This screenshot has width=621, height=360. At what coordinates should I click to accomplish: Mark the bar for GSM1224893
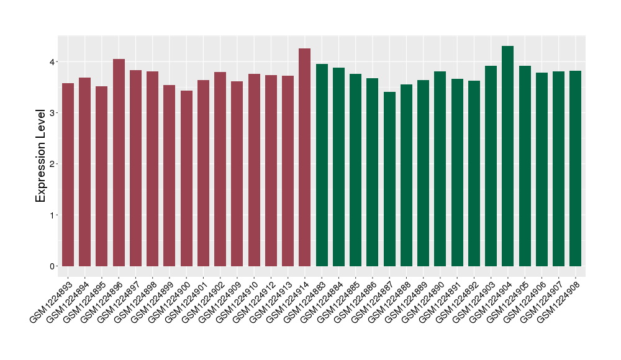click(68, 174)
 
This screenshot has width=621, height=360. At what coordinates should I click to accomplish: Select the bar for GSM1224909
click(237, 174)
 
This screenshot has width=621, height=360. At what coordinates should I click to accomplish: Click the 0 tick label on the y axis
click(53, 266)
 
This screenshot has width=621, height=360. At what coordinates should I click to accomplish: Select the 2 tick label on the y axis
click(53, 164)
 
